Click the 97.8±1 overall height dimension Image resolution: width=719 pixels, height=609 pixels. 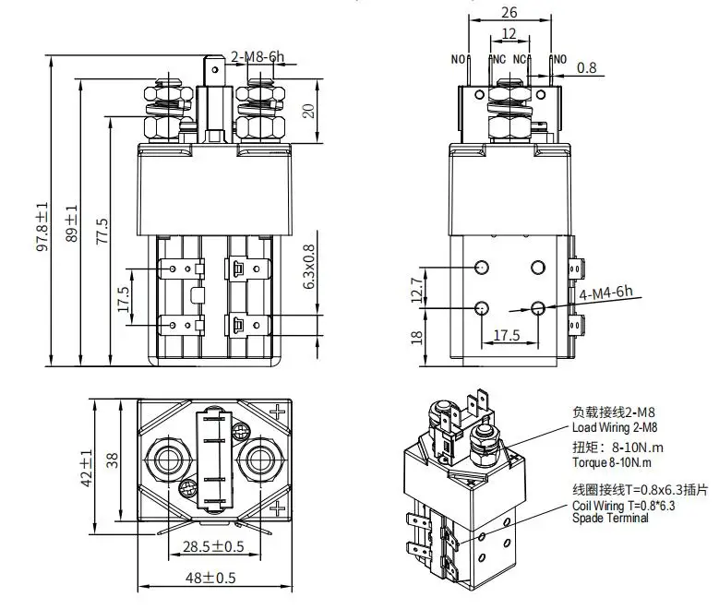[42, 227]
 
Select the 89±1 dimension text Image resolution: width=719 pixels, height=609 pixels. [72, 223]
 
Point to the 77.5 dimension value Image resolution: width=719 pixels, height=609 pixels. [102, 231]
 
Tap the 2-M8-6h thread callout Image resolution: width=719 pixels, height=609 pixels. [258, 57]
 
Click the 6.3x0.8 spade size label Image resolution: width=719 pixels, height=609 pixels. [309, 267]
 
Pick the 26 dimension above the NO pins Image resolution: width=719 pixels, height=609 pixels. [509, 12]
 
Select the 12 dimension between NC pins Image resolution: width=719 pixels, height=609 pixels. [509, 33]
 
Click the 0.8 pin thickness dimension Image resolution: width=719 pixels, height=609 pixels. [586, 68]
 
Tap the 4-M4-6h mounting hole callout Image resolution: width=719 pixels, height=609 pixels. [605, 293]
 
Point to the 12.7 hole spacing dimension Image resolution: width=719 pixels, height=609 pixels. [416, 290]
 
